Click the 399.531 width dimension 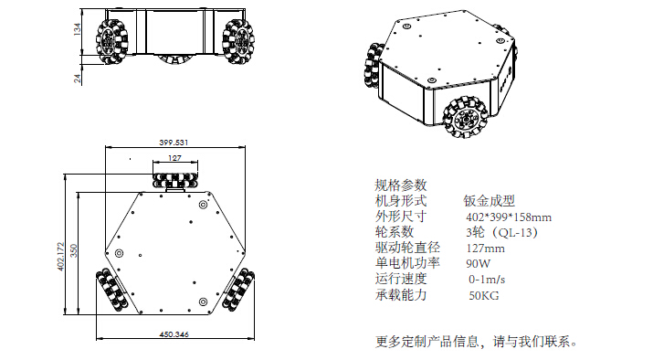click(x=174, y=143)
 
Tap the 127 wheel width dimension click(x=175, y=158)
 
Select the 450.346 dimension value click(x=174, y=334)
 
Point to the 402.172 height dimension click(x=61, y=256)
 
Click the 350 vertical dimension click(x=74, y=250)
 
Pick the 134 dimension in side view click(x=78, y=29)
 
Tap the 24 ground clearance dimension click(x=78, y=79)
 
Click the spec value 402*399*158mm click(x=509, y=217)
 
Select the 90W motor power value click(x=478, y=264)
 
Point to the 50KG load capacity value click(x=484, y=296)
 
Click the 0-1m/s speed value click(x=487, y=280)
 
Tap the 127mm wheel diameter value click(x=486, y=249)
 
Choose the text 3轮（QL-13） click(x=502, y=232)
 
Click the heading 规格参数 click(x=401, y=185)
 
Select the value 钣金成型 click(x=490, y=201)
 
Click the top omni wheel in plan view click(x=175, y=180)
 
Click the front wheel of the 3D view click(x=465, y=117)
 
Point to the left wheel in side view click(x=111, y=42)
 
